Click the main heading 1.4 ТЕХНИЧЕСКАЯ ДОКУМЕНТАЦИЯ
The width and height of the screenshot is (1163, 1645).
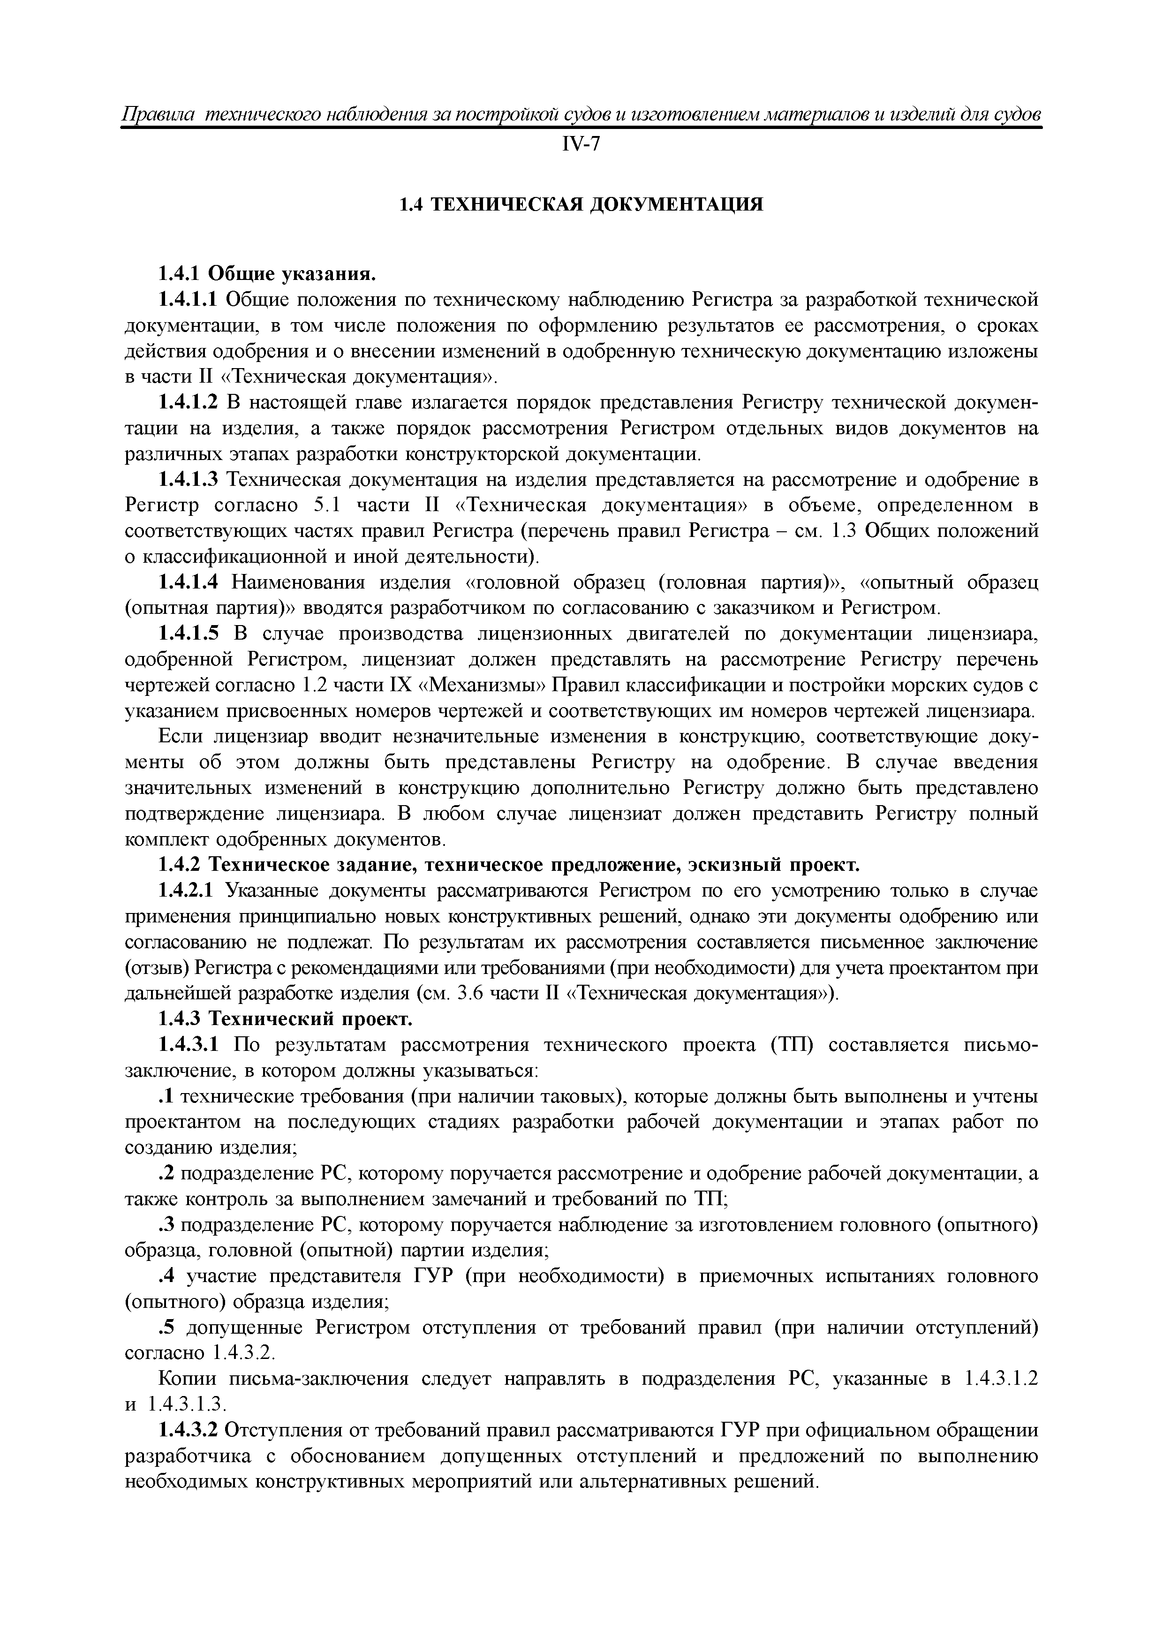581,205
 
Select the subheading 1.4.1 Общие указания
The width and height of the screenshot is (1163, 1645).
266,274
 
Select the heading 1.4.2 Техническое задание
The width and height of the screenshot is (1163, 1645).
508,866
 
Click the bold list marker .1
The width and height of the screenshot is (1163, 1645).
166,1097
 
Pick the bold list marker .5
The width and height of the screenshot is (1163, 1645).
166,1328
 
